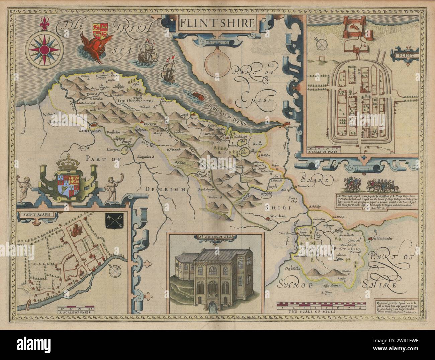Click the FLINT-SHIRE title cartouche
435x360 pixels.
pos(217,24)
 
